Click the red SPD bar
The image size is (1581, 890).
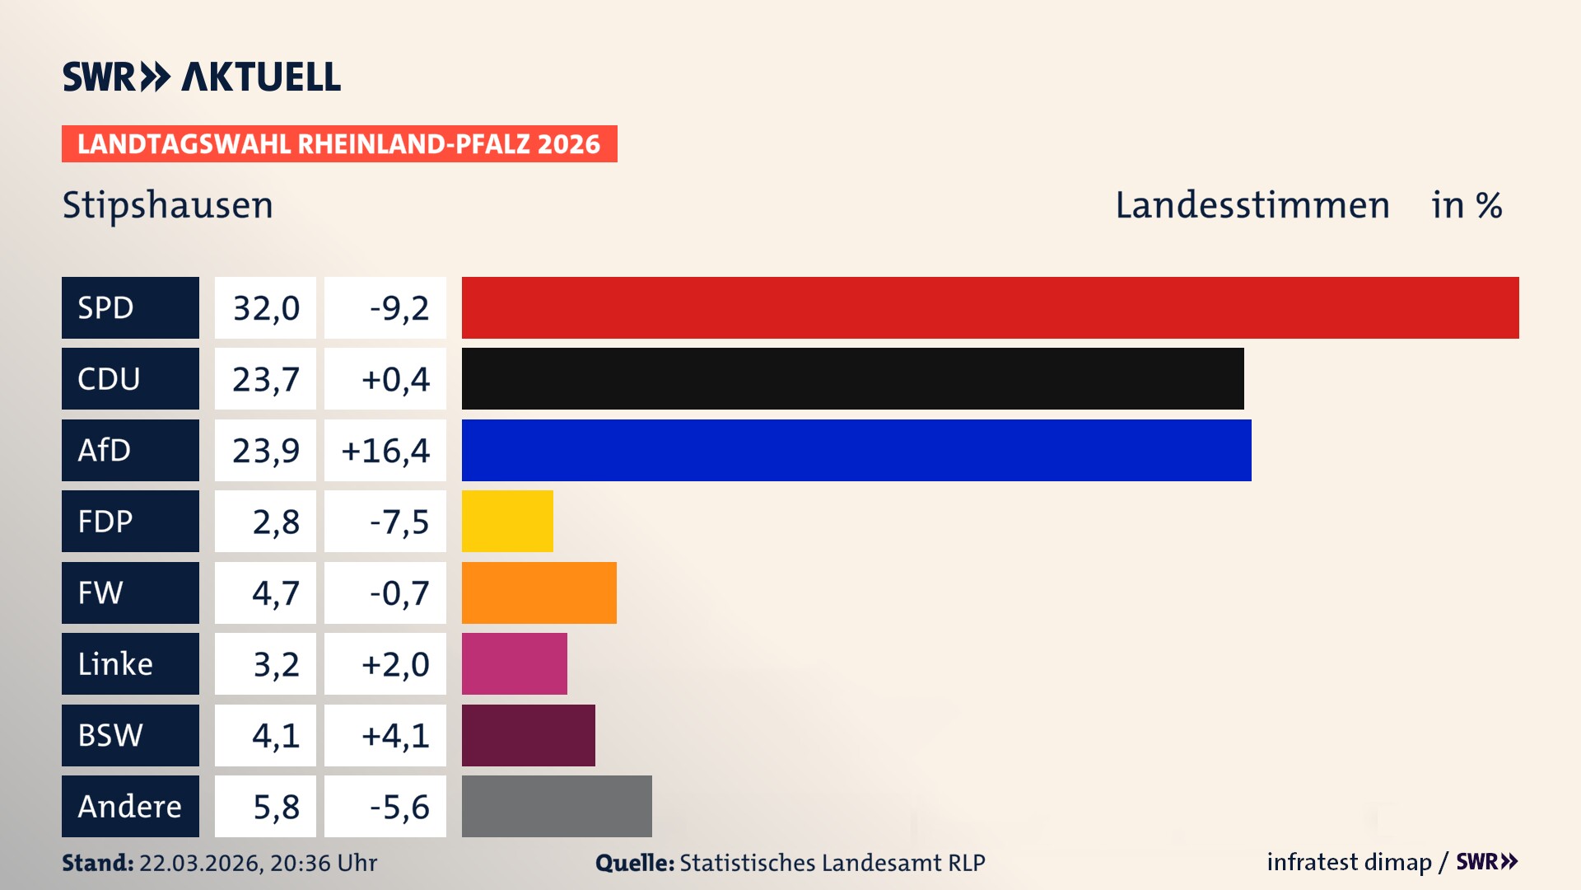tap(990, 307)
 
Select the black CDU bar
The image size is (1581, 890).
tap(852, 378)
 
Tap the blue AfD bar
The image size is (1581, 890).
tap(856, 450)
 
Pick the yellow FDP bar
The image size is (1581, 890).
tap(507, 521)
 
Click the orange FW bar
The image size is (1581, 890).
tap(539, 593)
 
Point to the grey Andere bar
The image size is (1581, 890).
tap(557, 806)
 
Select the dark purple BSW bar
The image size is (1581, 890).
tap(528, 735)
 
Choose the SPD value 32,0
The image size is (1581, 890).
tap(265, 307)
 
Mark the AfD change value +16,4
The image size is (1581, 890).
tap(385, 450)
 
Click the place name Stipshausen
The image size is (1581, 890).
tap(168, 204)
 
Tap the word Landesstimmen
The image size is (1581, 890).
tap(1252, 204)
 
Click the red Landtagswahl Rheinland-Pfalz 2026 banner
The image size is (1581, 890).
tap(339, 143)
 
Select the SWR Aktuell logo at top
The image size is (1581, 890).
tap(201, 77)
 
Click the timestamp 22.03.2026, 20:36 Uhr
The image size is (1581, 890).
tap(257, 863)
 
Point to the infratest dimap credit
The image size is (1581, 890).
tap(1349, 862)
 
